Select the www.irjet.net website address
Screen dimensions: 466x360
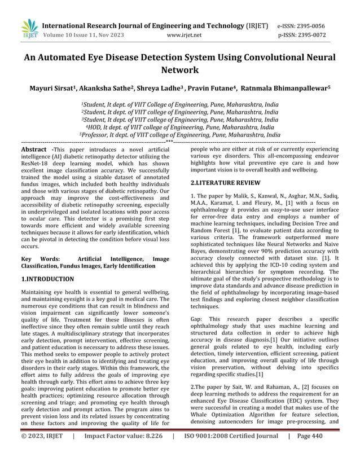(185, 35)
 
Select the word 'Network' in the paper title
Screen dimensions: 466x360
(179, 70)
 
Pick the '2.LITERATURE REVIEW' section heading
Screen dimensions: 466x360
(225, 183)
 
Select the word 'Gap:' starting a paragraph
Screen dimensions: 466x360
(197, 319)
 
